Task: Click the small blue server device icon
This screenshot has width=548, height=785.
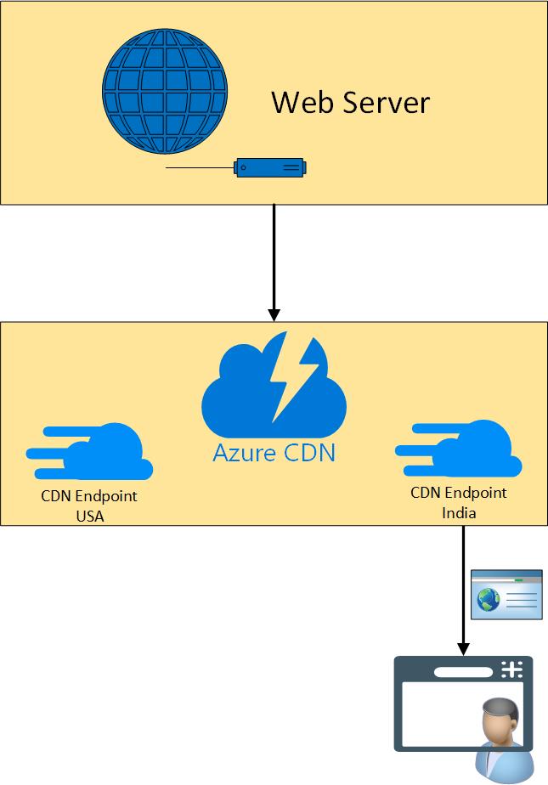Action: pos(270,167)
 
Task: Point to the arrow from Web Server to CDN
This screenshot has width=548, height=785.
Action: pos(274,255)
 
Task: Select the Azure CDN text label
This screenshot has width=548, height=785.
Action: pos(274,452)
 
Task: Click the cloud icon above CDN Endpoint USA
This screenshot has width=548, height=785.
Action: pos(90,452)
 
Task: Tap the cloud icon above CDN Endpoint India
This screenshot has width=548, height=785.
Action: pos(459,449)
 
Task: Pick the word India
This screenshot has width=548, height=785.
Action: pos(459,512)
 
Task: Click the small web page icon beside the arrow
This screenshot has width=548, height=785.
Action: pos(506,595)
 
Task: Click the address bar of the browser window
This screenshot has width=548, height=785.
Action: pos(464,671)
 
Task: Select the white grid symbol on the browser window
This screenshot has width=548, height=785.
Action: pos(511,669)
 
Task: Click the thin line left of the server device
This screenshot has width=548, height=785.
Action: pos(201,168)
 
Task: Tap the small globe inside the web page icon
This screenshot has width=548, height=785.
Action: pos(488,601)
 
